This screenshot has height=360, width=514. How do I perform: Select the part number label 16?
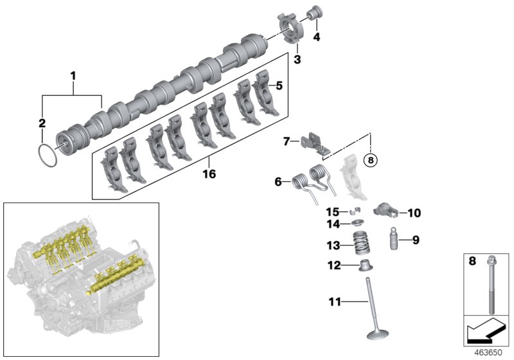(207, 174)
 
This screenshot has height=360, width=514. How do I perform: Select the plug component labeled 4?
(316, 14)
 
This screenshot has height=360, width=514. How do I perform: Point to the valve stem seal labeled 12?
(365, 265)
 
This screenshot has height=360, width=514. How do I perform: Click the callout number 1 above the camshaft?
(73, 76)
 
